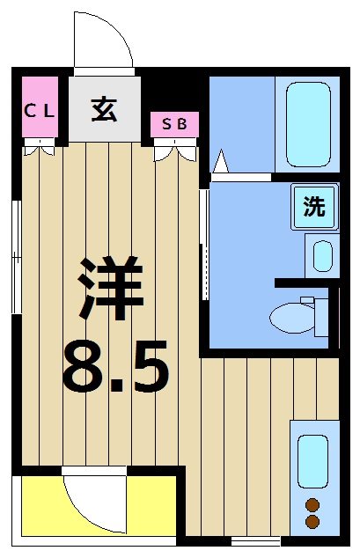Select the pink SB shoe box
(x=174, y=124)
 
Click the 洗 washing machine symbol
(x=314, y=207)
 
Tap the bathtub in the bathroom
(x=307, y=124)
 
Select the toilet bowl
(x=294, y=317)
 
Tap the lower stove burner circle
(x=312, y=522)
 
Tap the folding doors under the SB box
(x=174, y=153)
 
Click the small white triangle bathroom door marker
(x=220, y=164)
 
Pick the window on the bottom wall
(x=250, y=539)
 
